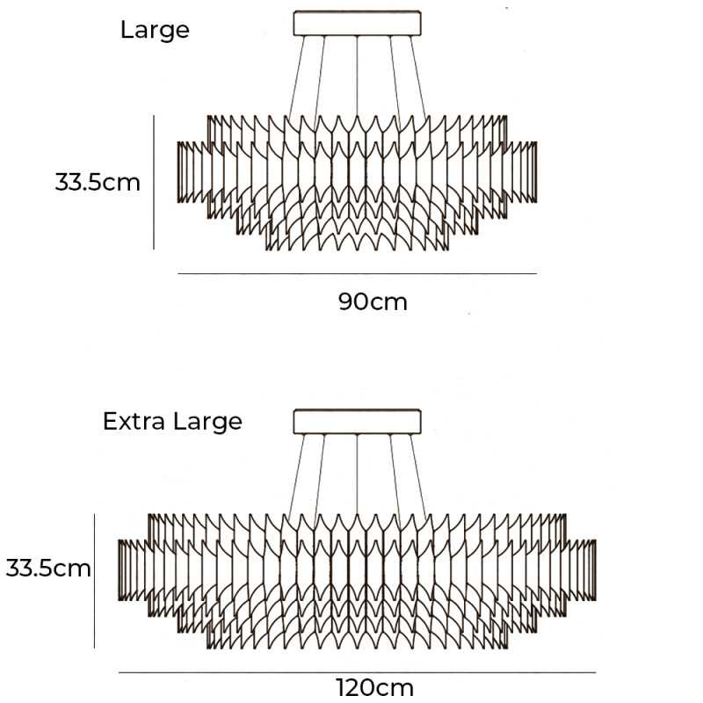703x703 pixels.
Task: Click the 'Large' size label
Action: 155,30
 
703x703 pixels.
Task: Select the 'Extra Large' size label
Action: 172,421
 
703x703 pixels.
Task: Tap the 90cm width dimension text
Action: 373,301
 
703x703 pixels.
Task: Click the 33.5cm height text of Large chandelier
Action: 98,183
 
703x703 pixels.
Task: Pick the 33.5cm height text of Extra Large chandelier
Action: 48,568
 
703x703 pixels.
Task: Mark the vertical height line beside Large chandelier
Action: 155,182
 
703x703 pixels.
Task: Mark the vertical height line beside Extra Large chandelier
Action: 94,582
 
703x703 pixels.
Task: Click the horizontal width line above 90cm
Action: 357,274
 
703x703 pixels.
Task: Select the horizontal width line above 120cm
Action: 357,673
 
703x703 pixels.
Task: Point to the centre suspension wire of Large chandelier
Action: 358,79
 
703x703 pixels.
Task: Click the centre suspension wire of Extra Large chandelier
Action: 358,479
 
